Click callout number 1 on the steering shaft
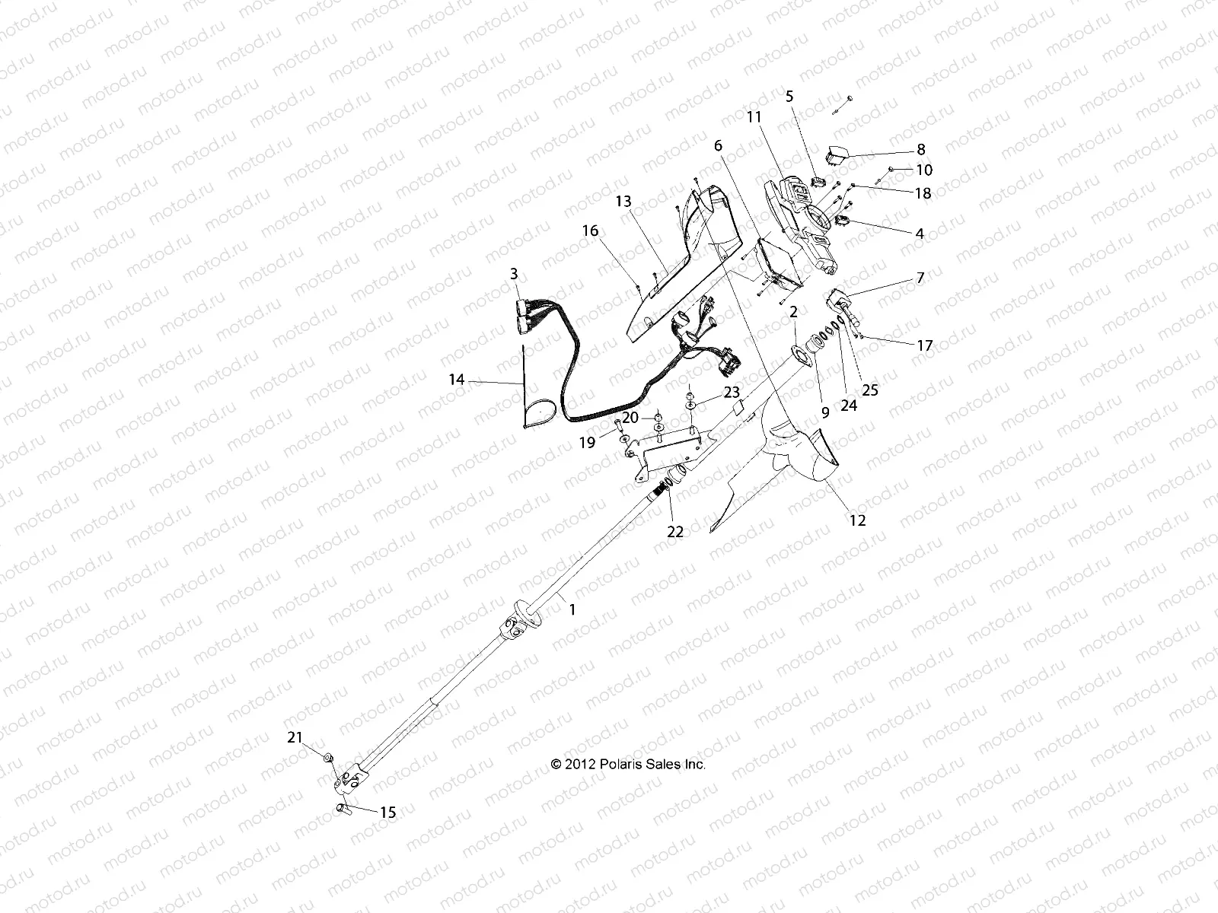[573, 609]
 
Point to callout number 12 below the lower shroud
[859, 521]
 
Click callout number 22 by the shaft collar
[675, 532]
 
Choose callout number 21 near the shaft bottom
[295, 737]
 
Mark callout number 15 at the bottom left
[387, 813]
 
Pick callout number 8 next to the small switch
[920, 149]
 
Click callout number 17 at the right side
[924, 345]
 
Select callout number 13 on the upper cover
[623, 201]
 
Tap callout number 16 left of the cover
[591, 231]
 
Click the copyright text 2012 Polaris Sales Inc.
[629, 764]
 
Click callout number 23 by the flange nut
[732, 393]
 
